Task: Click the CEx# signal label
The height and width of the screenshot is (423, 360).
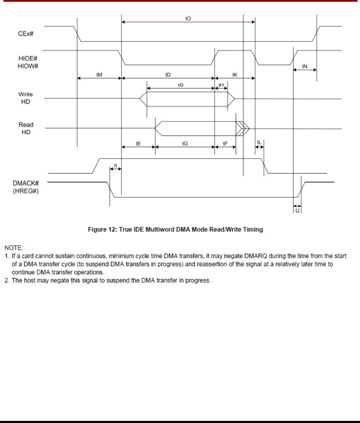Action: point(25,33)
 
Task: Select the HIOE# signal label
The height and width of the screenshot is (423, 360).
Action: point(28,59)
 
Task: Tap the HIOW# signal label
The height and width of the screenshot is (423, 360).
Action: point(28,66)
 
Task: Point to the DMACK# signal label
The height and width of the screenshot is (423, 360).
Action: point(26,183)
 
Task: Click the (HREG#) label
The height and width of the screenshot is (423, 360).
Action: point(26,191)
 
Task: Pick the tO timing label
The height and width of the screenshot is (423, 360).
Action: point(188,18)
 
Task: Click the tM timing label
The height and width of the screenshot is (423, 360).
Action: point(99,75)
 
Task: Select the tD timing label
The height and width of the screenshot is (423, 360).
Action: point(168,75)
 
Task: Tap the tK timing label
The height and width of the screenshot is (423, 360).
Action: point(235,75)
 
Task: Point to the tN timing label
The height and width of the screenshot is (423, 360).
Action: point(305,67)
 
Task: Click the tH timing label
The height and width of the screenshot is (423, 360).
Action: point(221,85)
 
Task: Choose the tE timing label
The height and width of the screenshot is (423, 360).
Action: point(138,144)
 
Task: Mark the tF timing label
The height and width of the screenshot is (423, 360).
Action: point(225,144)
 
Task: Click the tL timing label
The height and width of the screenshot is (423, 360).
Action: point(259,142)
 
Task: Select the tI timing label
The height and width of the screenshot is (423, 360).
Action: point(116,166)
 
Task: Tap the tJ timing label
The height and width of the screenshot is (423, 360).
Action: point(297,210)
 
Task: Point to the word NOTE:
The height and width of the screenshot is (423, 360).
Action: point(14,248)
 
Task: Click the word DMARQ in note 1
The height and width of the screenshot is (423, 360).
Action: point(256,256)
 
